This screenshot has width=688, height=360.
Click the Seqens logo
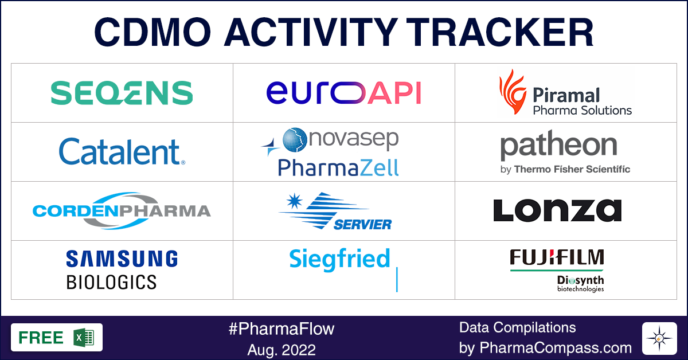[x=122, y=93]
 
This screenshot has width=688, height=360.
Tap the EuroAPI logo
[x=343, y=93]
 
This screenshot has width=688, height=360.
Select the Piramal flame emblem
[x=512, y=92]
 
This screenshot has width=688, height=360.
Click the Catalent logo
[x=122, y=152]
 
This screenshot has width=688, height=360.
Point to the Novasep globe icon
[x=295, y=139]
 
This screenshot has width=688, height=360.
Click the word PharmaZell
[x=338, y=167]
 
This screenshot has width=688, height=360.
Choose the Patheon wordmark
[x=558, y=147]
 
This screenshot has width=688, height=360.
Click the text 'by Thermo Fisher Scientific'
[x=565, y=169]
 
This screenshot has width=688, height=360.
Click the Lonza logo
[x=557, y=210]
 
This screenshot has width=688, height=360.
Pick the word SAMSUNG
[x=122, y=259]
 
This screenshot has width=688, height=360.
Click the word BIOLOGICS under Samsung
[x=111, y=282]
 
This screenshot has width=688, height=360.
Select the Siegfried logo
[x=339, y=259]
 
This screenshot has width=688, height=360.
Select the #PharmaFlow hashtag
[x=281, y=328]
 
